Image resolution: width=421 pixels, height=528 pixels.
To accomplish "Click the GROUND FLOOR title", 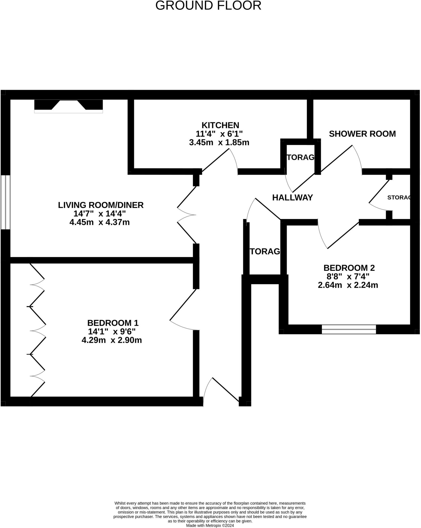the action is pyautogui.click(x=208, y=6).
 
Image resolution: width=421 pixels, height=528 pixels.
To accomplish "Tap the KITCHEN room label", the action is pyautogui.click(x=220, y=125).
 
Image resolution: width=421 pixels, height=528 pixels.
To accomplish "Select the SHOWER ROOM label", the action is pyautogui.click(x=362, y=134).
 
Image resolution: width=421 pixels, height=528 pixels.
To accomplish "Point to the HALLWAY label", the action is pyautogui.click(x=293, y=198).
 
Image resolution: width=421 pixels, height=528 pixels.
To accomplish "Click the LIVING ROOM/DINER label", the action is pyautogui.click(x=101, y=205).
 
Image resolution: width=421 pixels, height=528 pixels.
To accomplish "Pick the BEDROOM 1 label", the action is pyautogui.click(x=113, y=323).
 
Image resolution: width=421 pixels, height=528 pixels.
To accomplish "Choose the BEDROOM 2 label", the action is pyautogui.click(x=349, y=268).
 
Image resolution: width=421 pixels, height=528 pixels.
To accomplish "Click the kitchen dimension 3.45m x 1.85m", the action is pyautogui.click(x=219, y=143).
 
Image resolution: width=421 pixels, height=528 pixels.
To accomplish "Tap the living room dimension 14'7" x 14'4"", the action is pyautogui.click(x=100, y=214).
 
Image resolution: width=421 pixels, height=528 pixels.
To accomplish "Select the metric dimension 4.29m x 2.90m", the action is pyautogui.click(x=112, y=340).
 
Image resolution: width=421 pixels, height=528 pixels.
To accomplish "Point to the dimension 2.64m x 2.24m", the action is pyautogui.click(x=348, y=285).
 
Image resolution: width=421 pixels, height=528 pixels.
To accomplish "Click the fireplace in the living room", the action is pyautogui.click(x=69, y=106).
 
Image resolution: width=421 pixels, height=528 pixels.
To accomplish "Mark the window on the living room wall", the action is pyautogui.click(x=5, y=202).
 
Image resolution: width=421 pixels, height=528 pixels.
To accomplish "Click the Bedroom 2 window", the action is pyautogui.click(x=349, y=329).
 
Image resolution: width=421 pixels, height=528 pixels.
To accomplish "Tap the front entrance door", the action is pyautogui.click(x=222, y=392).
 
